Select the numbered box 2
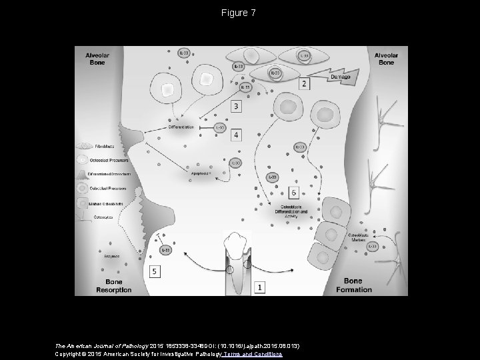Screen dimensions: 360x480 tap(304, 83)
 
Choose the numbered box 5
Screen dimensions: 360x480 tap(155, 272)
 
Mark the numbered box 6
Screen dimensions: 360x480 tap(294, 193)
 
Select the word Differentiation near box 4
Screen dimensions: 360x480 tap(181, 127)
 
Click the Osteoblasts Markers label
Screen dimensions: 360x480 tap(359, 238)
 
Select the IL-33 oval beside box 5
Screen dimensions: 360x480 tap(165, 249)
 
